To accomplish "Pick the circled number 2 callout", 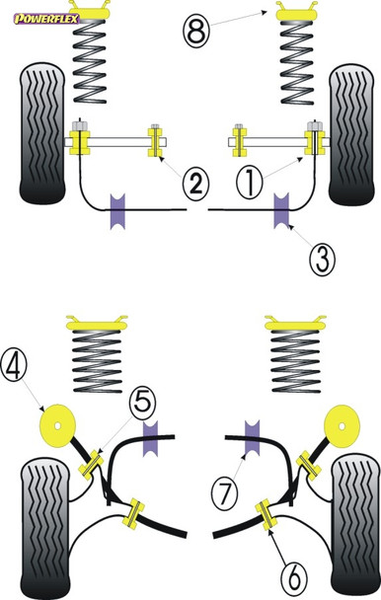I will [195, 183].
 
